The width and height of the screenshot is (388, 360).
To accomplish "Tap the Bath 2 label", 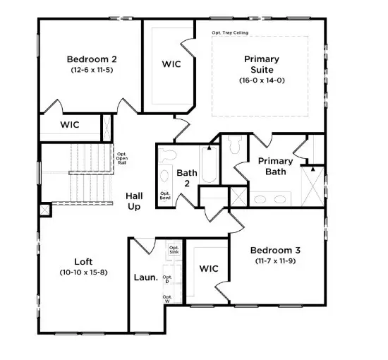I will coord(187,178).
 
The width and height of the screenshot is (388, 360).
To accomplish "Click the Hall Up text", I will coord(133,201).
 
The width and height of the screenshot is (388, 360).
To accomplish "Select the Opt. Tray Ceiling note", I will coord(230,32).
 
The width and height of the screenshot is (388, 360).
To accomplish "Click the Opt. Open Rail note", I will coord(121,160).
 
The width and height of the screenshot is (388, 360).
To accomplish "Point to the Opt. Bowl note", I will coord(165,196).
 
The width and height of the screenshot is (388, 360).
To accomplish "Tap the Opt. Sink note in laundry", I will coord(174,250).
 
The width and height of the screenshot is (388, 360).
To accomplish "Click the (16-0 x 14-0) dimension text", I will coord(262,80).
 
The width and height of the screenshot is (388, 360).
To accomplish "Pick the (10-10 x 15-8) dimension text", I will coord(84,272).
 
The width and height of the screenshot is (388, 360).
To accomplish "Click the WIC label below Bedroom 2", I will coord(69,125).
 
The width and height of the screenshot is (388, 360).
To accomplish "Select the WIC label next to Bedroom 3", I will coord(210,269).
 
